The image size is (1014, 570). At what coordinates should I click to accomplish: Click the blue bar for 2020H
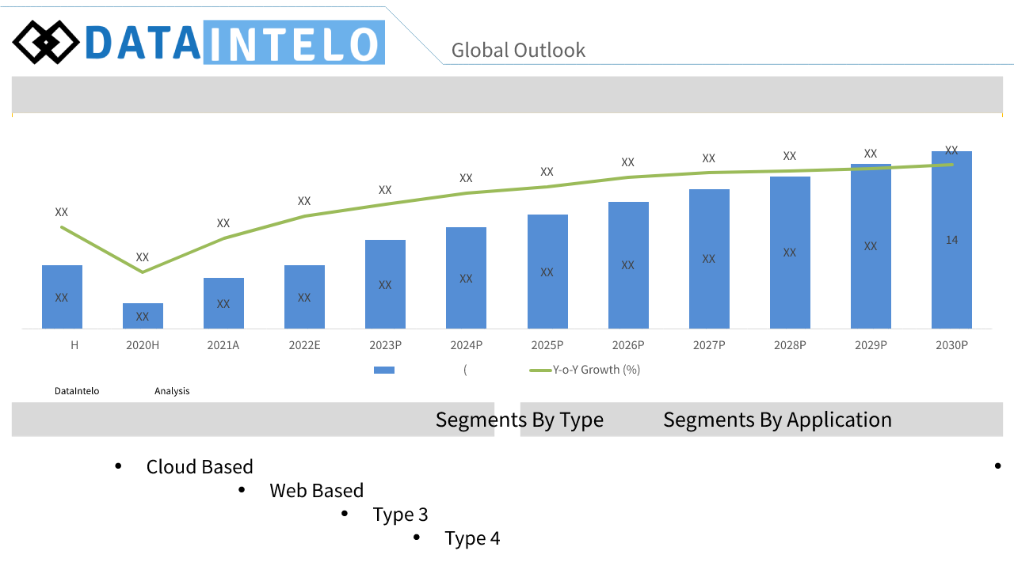143,316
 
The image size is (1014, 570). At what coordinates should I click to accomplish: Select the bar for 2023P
385,284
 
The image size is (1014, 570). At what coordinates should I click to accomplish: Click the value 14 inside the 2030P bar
951,240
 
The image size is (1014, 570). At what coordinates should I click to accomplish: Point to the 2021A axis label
223,345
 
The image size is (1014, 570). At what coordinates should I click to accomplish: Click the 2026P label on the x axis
628,345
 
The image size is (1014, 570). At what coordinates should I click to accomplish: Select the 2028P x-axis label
790,345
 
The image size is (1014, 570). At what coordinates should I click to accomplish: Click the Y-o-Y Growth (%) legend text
597,370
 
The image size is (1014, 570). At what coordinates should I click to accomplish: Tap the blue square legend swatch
384,370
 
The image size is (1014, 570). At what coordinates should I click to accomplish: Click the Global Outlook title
518,50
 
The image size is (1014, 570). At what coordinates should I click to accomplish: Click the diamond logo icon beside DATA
46,42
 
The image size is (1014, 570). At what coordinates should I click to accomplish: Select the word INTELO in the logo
294,43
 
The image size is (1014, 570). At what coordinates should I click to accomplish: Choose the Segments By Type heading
519,420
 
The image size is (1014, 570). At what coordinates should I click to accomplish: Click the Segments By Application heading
777,420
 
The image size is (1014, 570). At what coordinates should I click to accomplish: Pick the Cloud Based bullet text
200,466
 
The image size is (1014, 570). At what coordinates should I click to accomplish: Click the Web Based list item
316,490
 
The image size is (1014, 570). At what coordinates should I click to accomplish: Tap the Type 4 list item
472,538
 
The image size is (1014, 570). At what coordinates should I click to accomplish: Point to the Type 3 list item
400,515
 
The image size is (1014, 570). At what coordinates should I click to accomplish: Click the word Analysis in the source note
172,391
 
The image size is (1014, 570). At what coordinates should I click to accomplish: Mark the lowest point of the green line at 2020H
143,272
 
